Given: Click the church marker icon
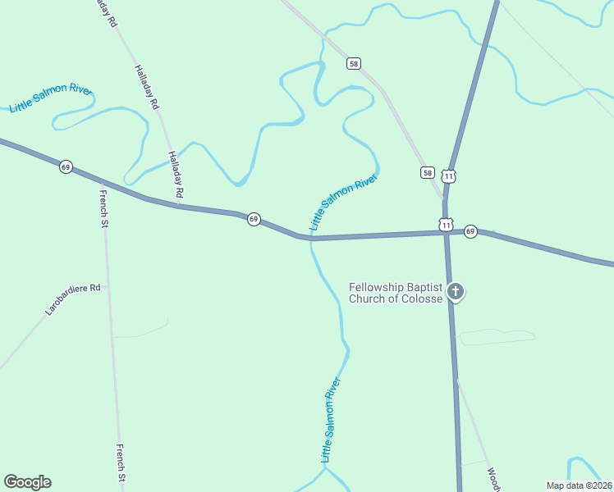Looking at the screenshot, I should click(456, 291).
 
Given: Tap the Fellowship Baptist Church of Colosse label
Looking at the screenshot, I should click(396, 293).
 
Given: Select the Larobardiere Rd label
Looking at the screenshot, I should click(72, 300).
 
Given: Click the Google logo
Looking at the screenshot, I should click(27, 482).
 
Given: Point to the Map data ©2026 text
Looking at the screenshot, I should click(578, 485).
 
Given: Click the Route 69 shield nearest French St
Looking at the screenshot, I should click(66, 166).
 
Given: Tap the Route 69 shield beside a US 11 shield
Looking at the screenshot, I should click(470, 232).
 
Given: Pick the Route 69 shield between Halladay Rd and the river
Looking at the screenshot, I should click(254, 219).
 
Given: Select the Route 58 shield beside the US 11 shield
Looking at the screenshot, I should click(428, 172).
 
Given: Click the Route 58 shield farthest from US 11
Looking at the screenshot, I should click(354, 63).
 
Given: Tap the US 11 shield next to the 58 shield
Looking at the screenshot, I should click(448, 175).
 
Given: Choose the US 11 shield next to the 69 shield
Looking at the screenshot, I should click(446, 225).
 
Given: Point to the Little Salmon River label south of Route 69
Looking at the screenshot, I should click(330, 419).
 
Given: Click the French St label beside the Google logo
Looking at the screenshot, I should click(121, 462).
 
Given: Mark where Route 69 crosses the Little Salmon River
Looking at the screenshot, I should click(311, 239).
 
